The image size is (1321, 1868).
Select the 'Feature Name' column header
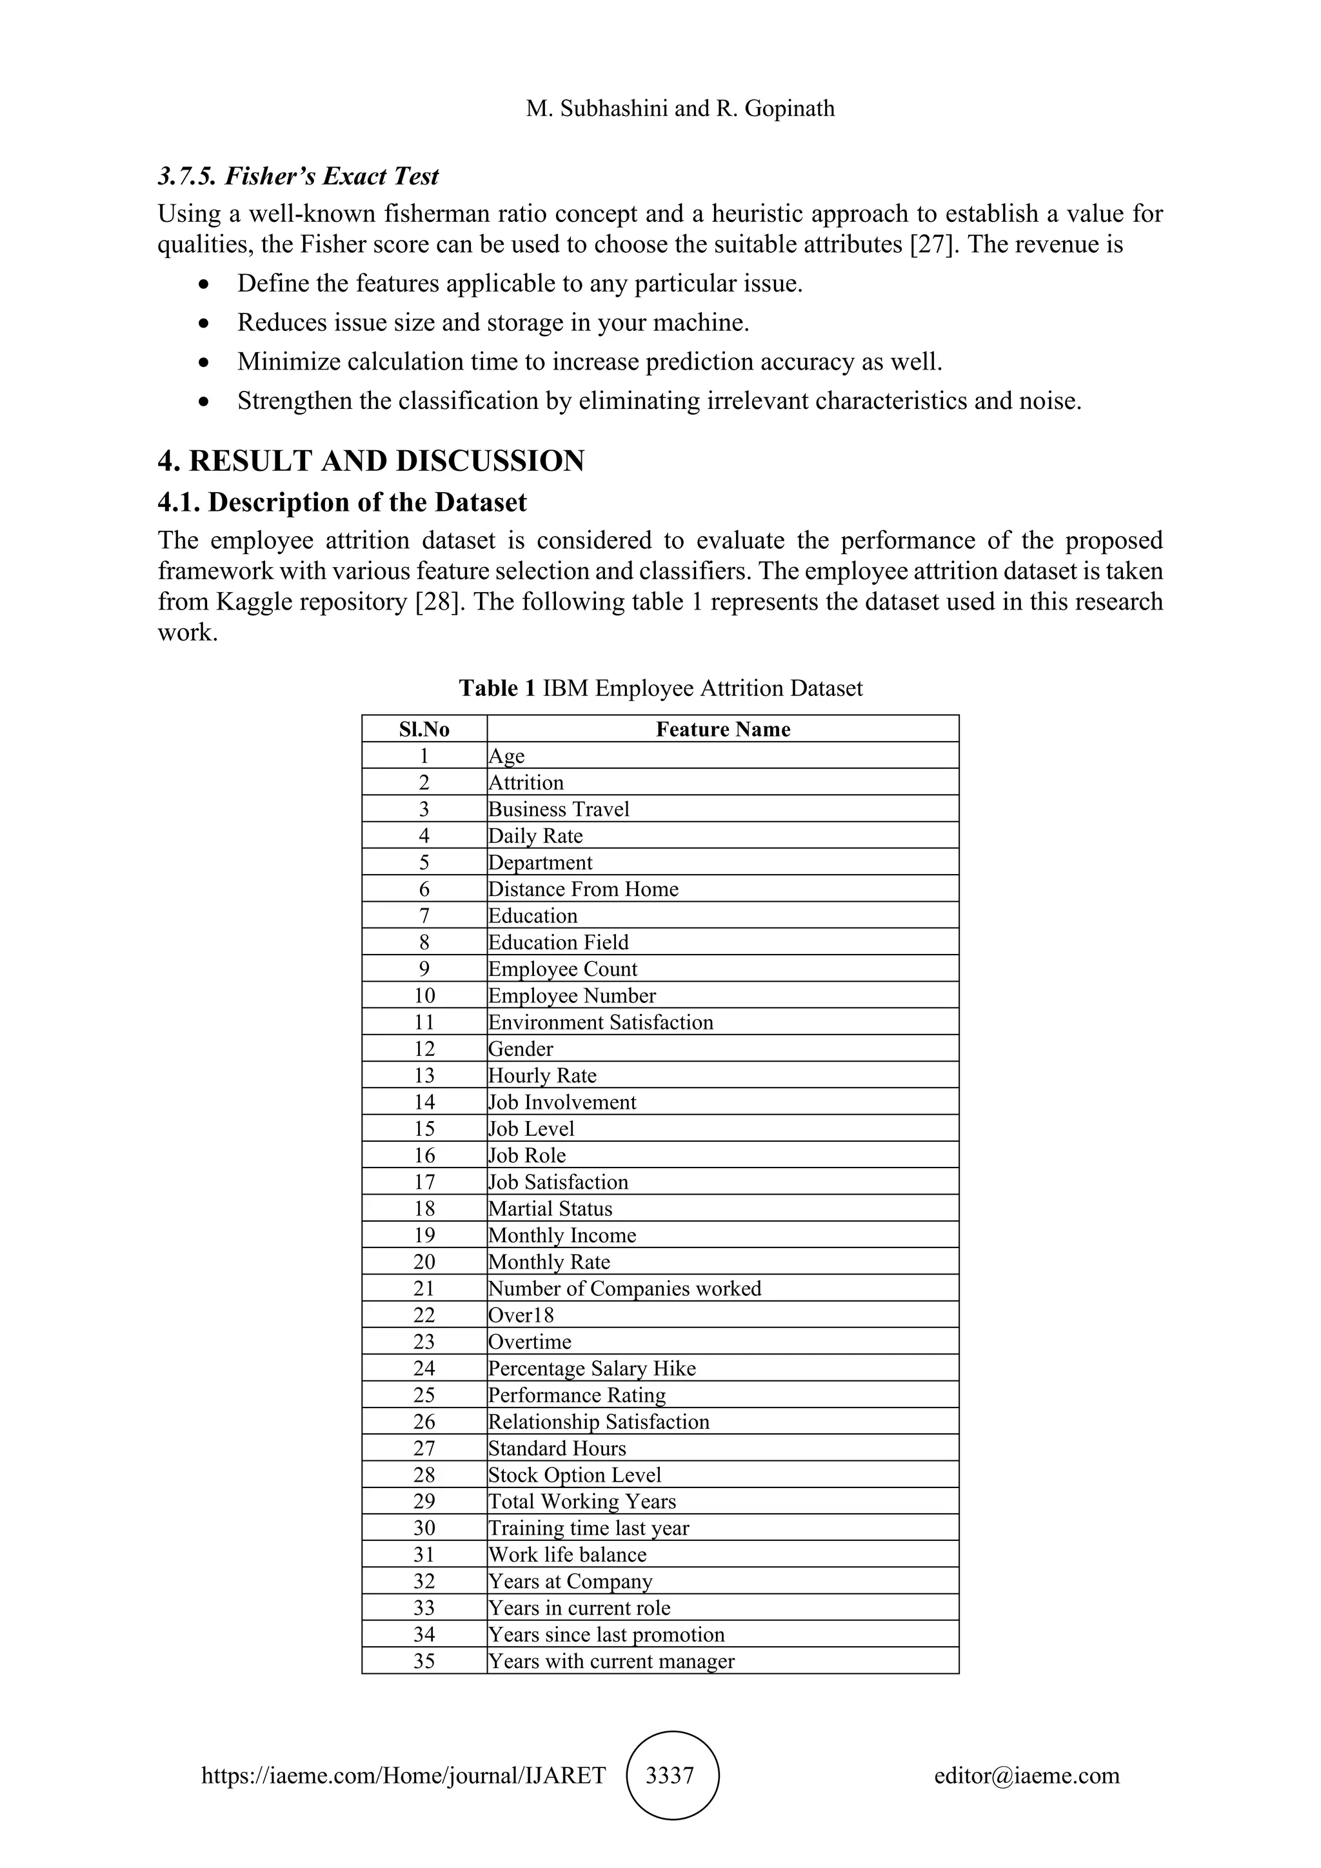[722, 729]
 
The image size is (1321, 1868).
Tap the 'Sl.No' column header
[424, 729]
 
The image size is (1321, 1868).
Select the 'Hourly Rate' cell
[542, 1075]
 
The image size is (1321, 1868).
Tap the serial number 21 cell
[424, 1288]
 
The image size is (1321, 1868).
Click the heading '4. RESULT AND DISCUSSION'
[371, 461]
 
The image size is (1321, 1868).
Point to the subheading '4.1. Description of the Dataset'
[342, 502]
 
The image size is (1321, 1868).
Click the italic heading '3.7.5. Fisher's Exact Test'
[298, 175]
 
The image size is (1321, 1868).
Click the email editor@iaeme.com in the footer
[1026, 1774]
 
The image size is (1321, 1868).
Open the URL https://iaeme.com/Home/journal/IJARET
[403, 1774]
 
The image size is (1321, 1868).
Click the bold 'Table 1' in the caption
[497, 688]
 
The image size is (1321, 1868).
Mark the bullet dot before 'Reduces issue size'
[204, 324]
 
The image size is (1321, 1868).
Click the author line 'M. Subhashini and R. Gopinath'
[680, 108]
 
